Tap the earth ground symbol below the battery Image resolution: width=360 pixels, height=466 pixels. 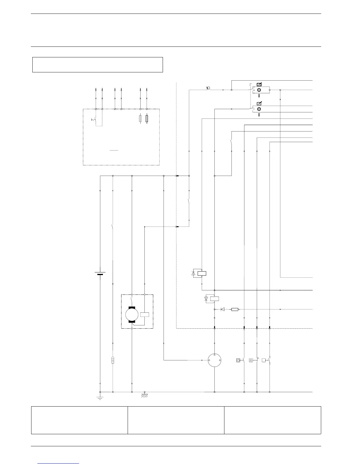click(100, 398)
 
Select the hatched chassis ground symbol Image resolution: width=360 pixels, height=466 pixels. click(144, 395)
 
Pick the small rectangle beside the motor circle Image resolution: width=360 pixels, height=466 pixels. click(145, 314)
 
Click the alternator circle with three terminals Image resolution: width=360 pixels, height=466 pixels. click(214, 360)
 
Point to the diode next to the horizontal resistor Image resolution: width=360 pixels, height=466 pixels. click(223, 309)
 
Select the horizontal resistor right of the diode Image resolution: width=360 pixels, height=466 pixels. click(235, 309)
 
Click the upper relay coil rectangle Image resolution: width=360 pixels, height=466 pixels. click(202, 273)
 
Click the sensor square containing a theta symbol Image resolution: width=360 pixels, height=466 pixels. click(251, 360)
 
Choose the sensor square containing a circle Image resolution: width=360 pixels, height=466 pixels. click(238, 360)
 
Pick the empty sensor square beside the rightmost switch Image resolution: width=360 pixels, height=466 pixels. click(264, 360)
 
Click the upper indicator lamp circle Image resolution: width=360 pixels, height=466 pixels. click(259, 90)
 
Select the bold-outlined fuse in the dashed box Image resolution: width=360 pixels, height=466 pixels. click(147, 119)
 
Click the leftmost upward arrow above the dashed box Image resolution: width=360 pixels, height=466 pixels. click(96, 89)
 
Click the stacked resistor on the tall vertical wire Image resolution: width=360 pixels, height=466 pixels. click(113, 360)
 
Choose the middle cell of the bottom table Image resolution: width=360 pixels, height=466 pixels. click(176, 420)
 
